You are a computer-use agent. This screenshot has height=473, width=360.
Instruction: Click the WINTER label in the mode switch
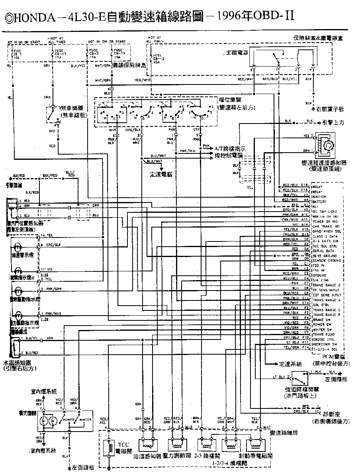(84, 420)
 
